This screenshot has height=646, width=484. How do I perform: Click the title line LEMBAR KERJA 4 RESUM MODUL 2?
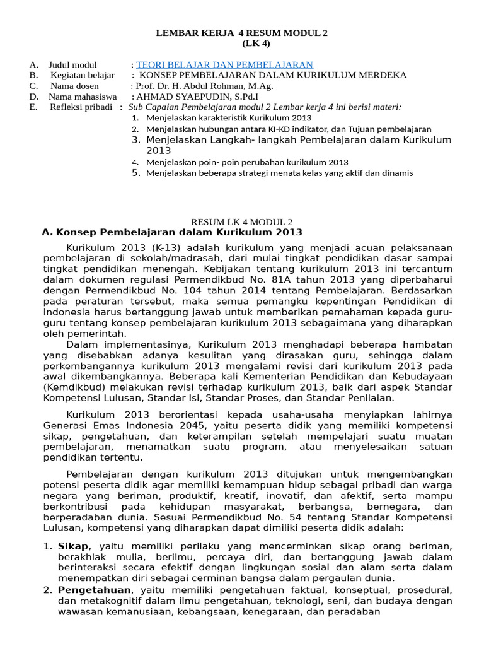pyautogui.click(x=242, y=33)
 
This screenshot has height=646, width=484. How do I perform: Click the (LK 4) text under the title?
pyautogui.click(x=242, y=44)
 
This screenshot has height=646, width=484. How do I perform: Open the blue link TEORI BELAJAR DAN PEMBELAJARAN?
pyautogui.click(x=224, y=65)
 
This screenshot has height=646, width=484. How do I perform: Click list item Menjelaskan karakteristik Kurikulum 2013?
pyautogui.click(x=228, y=118)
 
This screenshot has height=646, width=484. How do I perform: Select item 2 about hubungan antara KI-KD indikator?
pyautogui.click(x=288, y=129)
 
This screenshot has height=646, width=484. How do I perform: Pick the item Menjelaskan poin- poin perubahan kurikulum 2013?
pyautogui.click(x=247, y=162)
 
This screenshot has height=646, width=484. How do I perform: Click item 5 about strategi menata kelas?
pyautogui.click(x=279, y=173)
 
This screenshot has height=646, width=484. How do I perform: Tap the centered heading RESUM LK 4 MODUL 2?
pyautogui.click(x=242, y=222)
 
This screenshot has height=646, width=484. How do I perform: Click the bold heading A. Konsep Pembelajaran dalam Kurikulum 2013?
pyautogui.click(x=171, y=233)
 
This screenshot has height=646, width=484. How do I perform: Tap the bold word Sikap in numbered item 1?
pyautogui.click(x=73, y=546)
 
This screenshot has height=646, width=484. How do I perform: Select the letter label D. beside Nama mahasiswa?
pyautogui.click(x=33, y=97)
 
